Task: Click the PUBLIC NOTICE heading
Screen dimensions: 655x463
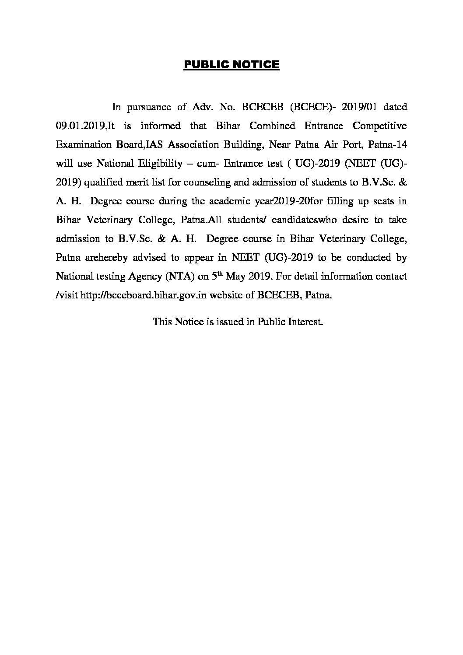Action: point(231,65)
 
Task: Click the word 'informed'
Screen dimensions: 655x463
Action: point(160,126)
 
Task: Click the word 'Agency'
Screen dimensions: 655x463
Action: point(144,277)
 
